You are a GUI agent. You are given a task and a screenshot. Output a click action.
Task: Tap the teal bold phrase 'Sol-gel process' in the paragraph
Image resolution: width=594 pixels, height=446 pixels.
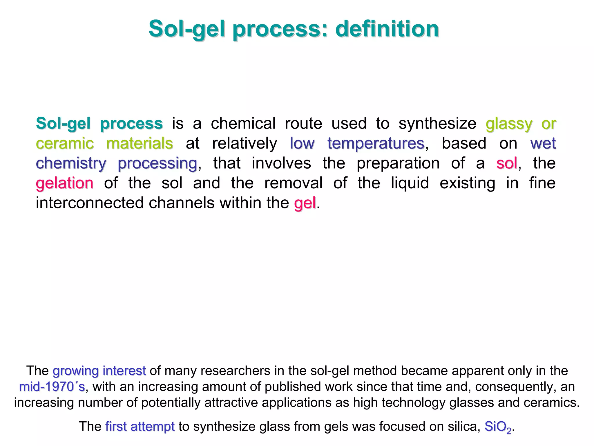click(x=99, y=124)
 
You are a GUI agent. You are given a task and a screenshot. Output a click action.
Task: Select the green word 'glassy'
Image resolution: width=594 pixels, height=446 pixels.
click(x=509, y=124)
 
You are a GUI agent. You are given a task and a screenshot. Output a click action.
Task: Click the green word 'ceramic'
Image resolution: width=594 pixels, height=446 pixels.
click(x=65, y=144)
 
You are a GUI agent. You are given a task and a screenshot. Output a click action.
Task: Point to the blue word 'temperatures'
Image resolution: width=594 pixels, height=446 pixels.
click(x=376, y=144)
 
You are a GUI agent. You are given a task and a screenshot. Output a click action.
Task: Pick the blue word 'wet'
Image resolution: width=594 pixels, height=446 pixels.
click(x=543, y=144)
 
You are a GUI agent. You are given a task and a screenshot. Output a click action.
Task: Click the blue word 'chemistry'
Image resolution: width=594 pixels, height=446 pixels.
click(x=71, y=164)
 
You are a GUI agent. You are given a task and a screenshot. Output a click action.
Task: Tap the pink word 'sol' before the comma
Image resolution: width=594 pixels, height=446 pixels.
click(x=506, y=163)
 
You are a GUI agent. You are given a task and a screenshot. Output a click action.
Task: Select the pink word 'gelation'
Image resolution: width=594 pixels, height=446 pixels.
click(x=65, y=183)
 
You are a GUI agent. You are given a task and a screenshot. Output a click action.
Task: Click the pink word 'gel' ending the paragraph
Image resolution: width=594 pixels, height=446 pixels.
click(x=305, y=203)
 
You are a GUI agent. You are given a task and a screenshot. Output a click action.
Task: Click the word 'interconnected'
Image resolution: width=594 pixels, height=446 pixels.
click(x=90, y=203)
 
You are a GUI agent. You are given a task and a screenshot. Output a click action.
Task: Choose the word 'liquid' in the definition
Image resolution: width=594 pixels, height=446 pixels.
click(x=410, y=183)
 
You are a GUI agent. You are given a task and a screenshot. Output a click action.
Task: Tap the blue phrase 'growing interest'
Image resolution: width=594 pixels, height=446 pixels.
click(x=99, y=371)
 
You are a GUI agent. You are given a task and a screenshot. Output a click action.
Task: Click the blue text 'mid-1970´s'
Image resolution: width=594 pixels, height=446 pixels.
click(x=52, y=387)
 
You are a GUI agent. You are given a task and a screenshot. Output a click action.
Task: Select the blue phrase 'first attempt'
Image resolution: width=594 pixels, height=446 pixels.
click(x=140, y=427)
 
